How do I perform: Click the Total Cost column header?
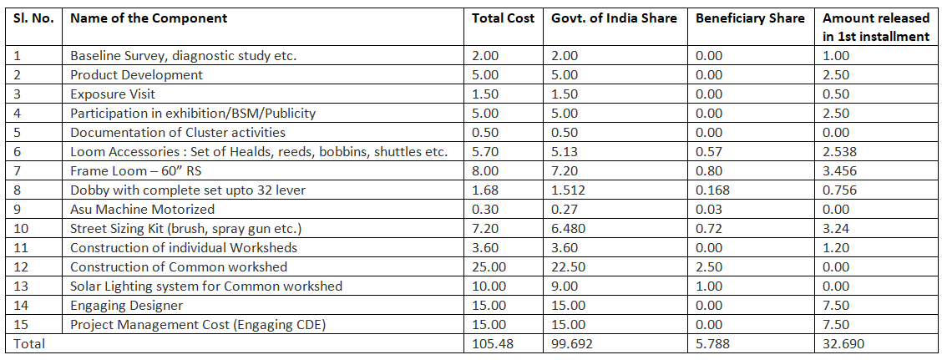pos(503,18)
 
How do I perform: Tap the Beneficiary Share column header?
pos(750,18)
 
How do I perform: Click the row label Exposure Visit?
pos(113,94)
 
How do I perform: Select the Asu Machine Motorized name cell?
pos(142,210)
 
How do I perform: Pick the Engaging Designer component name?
pos(126,306)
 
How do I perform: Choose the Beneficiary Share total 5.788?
pos(713,343)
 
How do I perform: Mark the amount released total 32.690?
pos(843,343)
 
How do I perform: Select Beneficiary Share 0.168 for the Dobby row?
pos(712,190)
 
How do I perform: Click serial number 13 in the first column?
pos(23,286)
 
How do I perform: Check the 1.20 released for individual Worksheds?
pos(836,248)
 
